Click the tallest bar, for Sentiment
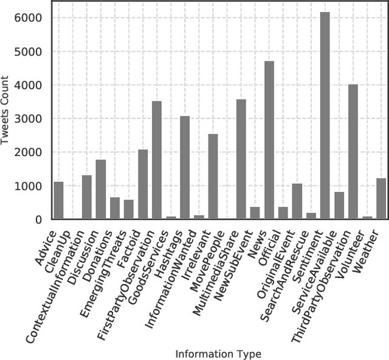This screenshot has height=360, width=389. [325, 115]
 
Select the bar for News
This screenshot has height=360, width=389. [269, 140]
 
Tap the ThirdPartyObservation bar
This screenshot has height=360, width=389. [353, 152]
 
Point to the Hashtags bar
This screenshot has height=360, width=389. [185, 167]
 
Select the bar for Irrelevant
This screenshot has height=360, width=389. [213, 176]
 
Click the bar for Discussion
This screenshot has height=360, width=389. [100, 189]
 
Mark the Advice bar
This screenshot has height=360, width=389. [58, 200]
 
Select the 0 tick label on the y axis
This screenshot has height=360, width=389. [38, 220]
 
